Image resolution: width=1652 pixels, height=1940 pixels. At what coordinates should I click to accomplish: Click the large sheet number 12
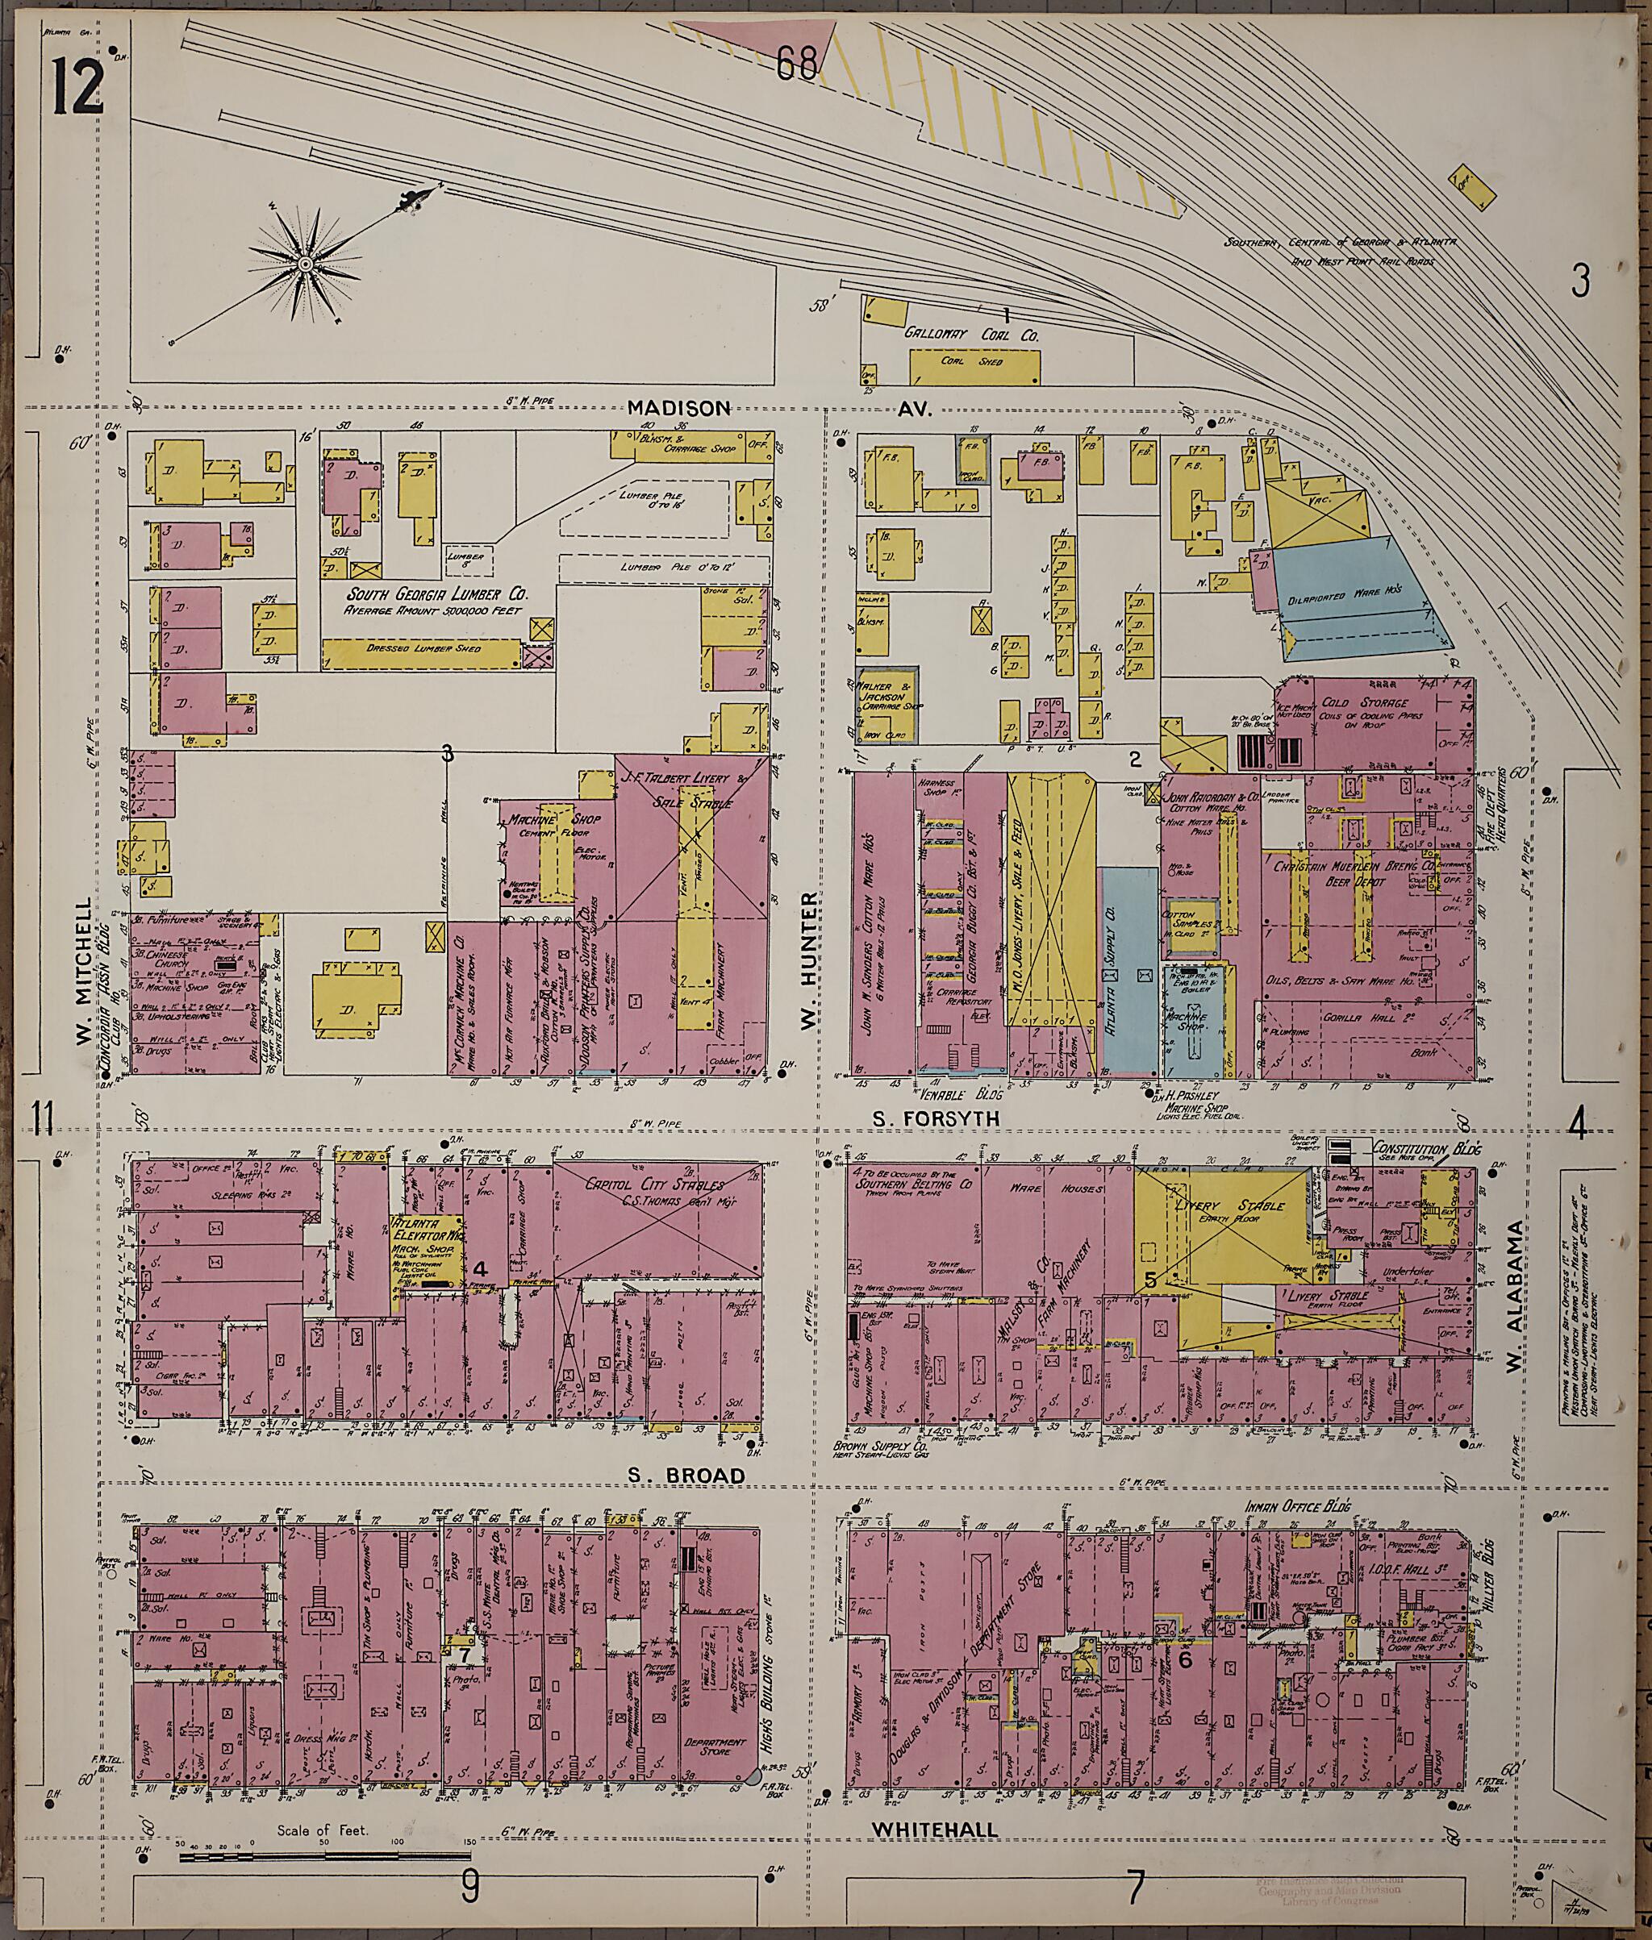pyautogui.click(x=77, y=85)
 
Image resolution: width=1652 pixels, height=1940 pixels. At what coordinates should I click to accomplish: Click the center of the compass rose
pyautogui.click(x=305, y=265)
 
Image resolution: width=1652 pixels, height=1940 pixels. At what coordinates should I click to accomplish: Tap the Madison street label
pyautogui.click(x=679, y=408)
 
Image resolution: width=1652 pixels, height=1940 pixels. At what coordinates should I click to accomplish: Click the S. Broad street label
pyautogui.click(x=686, y=1476)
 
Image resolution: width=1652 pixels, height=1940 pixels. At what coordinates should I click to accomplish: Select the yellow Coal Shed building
pyautogui.click(x=974, y=366)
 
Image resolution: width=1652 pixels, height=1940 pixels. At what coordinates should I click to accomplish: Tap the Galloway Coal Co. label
pyautogui.click(x=971, y=333)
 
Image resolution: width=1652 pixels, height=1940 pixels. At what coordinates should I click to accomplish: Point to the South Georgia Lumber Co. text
pyautogui.click(x=437, y=593)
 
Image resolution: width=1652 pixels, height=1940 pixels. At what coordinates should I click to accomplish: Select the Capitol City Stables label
pyautogui.click(x=656, y=1184)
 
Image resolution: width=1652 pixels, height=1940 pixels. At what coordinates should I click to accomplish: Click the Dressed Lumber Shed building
pyautogui.click(x=421, y=652)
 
